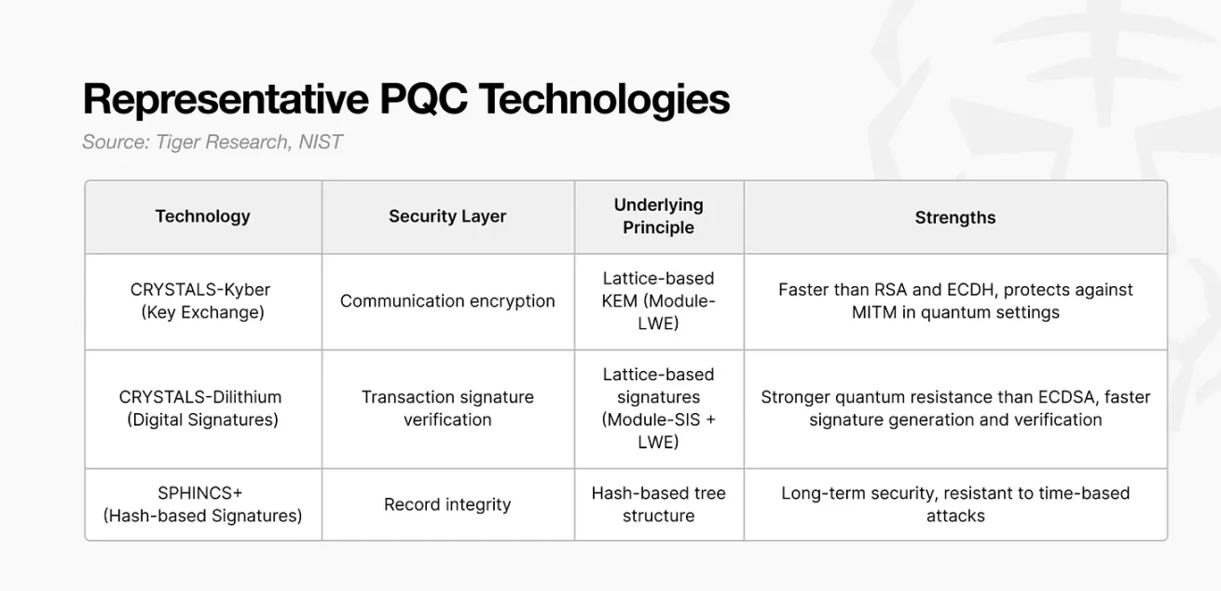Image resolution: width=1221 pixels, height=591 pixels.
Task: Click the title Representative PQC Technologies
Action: (405, 100)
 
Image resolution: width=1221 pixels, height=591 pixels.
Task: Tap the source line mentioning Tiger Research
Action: (213, 143)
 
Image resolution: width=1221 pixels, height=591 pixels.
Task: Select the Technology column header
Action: (203, 216)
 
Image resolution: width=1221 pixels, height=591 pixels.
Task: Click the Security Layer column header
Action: (447, 216)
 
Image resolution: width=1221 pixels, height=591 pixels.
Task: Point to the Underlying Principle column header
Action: (658, 216)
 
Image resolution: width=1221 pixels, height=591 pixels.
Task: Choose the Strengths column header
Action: (954, 217)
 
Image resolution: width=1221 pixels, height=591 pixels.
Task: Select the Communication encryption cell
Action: (447, 301)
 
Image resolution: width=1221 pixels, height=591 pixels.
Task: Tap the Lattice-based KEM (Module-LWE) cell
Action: (658, 301)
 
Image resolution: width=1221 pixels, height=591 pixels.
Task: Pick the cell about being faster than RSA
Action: (954, 301)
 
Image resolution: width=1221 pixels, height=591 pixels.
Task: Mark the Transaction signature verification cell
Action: (447, 408)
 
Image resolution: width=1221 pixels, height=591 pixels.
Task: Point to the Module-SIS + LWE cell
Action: (658, 408)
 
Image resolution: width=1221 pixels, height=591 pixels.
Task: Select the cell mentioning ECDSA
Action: (954, 408)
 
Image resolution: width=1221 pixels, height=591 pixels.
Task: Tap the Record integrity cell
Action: (447, 504)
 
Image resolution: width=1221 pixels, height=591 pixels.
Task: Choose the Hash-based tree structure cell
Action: (658, 504)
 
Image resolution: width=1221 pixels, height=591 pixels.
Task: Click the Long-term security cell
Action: (954, 504)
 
